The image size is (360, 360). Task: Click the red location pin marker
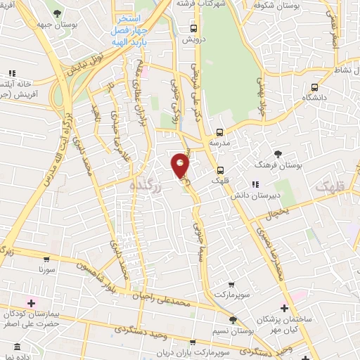[x=181, y=165]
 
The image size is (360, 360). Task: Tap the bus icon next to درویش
[x=195, y=29]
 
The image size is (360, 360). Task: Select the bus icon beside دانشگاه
[x=314, y=87]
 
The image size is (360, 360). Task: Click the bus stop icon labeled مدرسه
[x=220, y=131]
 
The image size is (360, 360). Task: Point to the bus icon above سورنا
[x=46, y=259]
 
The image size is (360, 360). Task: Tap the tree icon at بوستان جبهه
[x=57, y=13]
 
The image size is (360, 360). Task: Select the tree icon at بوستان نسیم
[x=233, y=321]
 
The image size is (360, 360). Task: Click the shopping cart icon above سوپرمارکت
[x=231, y=285]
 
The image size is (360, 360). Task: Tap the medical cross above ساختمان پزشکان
[x=284, y=308]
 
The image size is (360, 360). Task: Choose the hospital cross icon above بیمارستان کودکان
[x=32, y=303]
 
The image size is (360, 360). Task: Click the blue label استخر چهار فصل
[x=131, y=27]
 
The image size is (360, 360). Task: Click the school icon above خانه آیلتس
[x=12, y=73]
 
